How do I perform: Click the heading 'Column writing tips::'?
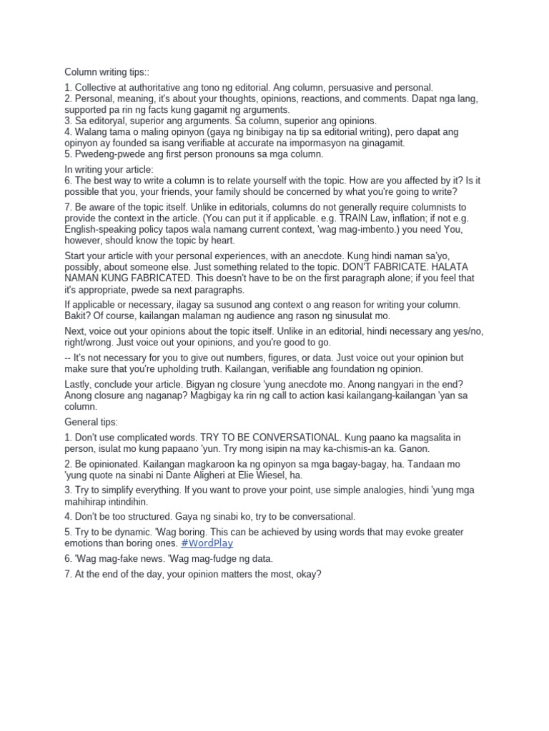107,72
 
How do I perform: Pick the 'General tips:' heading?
91,422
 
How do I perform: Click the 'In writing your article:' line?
109,169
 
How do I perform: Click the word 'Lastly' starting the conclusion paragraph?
79,383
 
